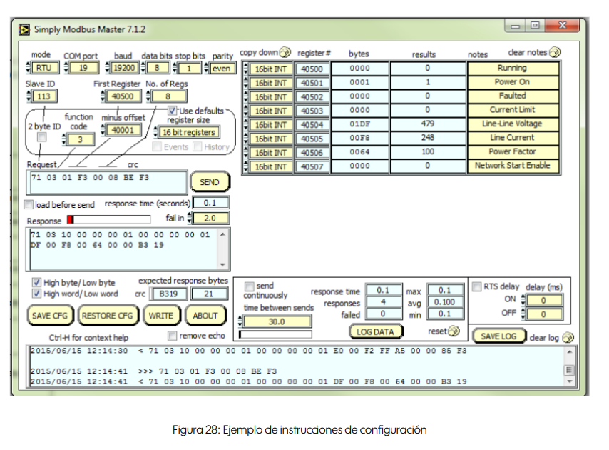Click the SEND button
210,182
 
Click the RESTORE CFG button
108,316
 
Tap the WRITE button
160,316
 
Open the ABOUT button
205,316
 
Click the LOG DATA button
375,331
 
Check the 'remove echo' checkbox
172,335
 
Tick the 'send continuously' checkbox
249,286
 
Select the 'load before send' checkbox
29,204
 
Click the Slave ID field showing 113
44,96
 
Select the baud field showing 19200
124,68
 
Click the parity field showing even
222,69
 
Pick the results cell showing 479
428,124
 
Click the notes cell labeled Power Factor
513,151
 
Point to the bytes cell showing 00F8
359,138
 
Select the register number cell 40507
312,166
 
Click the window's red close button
562,26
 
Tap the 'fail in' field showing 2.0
210,218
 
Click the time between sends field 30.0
277,321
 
